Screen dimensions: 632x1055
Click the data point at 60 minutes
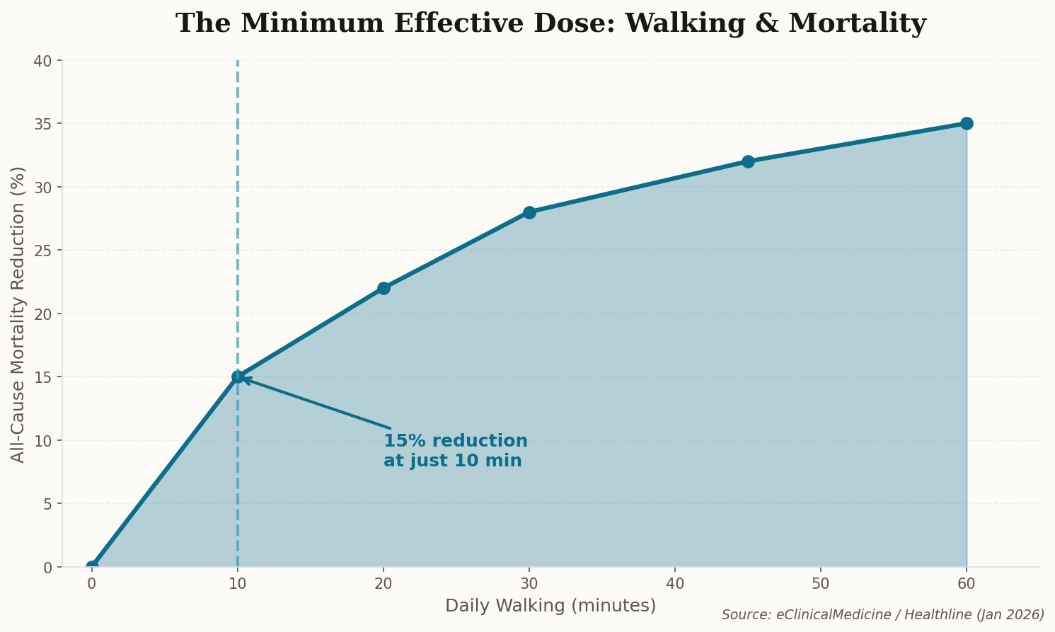point(967,123)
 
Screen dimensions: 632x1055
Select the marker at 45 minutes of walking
point(748,161)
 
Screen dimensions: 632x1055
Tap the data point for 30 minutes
point(529,212)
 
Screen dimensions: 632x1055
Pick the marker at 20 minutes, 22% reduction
point(384,288)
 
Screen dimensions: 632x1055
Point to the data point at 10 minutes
point(238,377)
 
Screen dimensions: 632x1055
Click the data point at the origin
point(92,566)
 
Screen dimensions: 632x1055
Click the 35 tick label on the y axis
point(43,124)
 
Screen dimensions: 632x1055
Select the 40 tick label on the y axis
point(43,61)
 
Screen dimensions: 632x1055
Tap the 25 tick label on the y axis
point(43,251)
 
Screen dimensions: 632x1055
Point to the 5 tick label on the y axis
point(47,504)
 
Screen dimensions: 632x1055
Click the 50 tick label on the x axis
point(821,584)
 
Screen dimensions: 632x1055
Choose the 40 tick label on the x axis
point(675,584)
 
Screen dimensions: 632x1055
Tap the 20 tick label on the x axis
point(384,584)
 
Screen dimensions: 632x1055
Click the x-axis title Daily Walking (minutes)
point(550,606)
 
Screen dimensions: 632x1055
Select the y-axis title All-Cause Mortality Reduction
point(18,314)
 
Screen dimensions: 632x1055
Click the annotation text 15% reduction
point(455,441)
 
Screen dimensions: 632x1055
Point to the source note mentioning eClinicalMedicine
point(882,614)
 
